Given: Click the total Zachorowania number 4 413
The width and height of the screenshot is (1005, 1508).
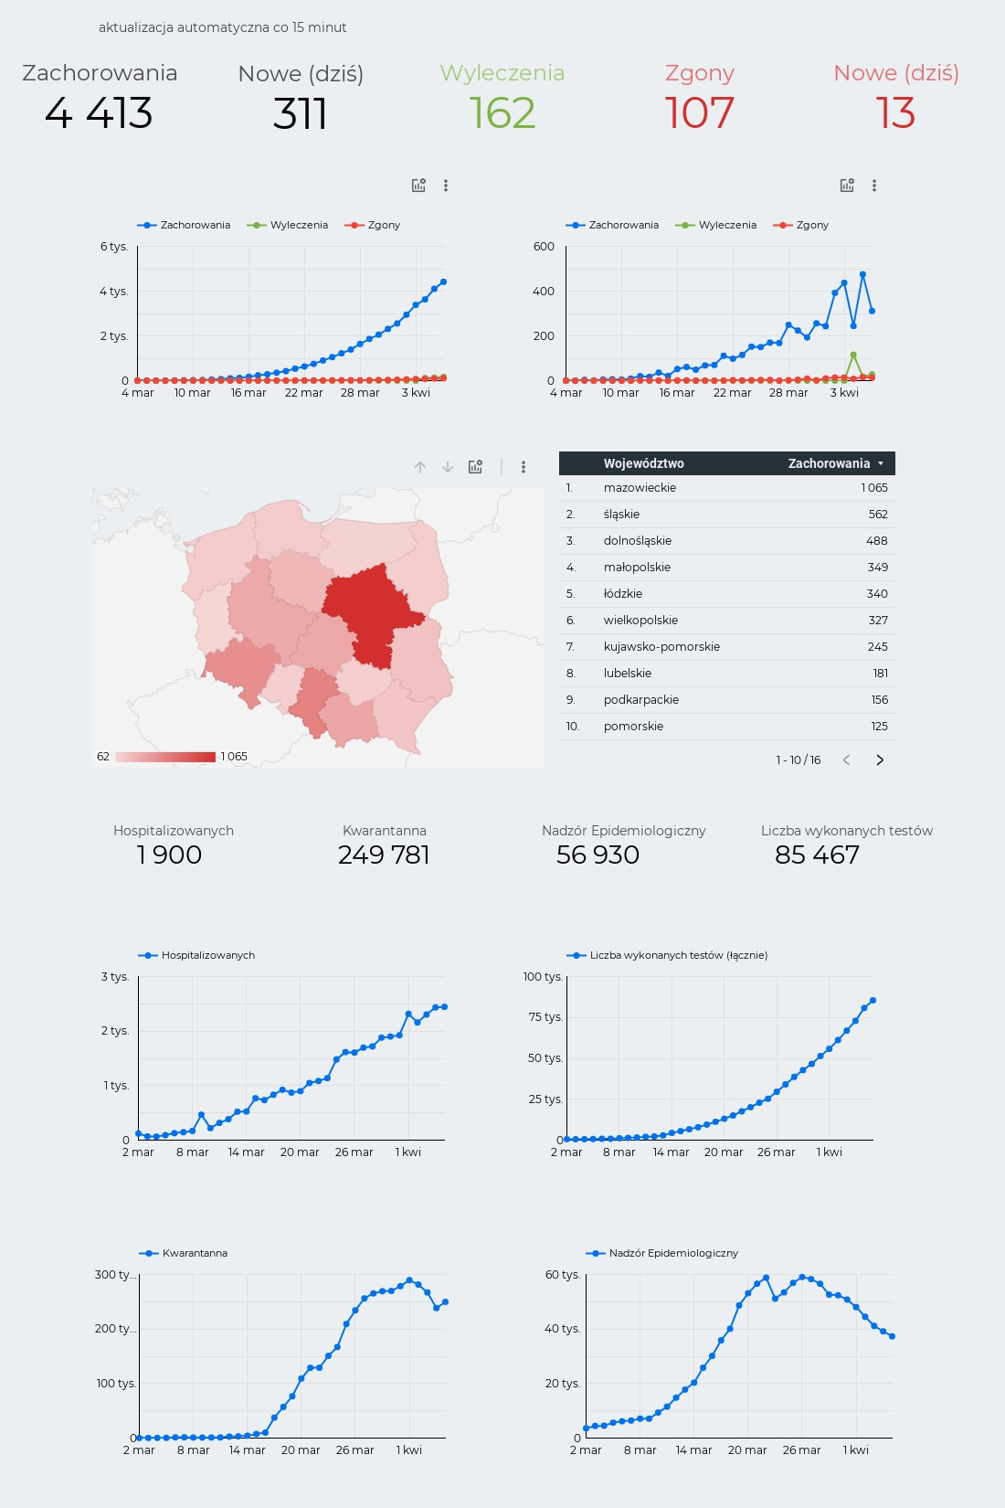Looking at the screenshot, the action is point(99,112).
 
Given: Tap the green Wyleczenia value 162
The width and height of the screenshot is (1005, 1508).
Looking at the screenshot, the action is point(503,112).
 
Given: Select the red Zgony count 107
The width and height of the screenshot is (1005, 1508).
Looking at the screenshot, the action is point(700,112).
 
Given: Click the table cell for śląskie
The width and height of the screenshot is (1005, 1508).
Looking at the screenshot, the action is point(621,515).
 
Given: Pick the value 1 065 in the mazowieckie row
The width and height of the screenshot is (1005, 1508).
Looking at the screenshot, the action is point(873,487).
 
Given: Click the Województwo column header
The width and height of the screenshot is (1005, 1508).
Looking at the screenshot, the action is point(643,463).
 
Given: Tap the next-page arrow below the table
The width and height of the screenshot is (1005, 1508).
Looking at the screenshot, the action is point(880,760).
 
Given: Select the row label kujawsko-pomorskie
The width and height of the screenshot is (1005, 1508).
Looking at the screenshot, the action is point(661,646).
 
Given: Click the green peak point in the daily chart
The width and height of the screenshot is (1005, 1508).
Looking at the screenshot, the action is point(853,355).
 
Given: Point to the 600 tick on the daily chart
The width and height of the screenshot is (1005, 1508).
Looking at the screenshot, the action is point(544,247).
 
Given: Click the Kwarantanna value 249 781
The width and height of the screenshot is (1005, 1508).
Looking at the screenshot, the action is point(384,855).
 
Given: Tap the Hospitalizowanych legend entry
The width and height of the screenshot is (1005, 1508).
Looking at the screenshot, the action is point(196,955).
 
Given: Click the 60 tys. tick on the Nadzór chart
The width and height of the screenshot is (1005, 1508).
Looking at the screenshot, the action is point(562,1274).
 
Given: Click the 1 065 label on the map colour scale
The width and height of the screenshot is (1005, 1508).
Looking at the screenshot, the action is point(234,757).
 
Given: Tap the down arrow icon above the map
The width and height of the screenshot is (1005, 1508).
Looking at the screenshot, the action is point(447,467).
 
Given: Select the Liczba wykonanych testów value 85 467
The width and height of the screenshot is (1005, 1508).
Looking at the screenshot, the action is point(817,855).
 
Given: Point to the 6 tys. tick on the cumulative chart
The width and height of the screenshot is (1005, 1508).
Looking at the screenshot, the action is point(114,247).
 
